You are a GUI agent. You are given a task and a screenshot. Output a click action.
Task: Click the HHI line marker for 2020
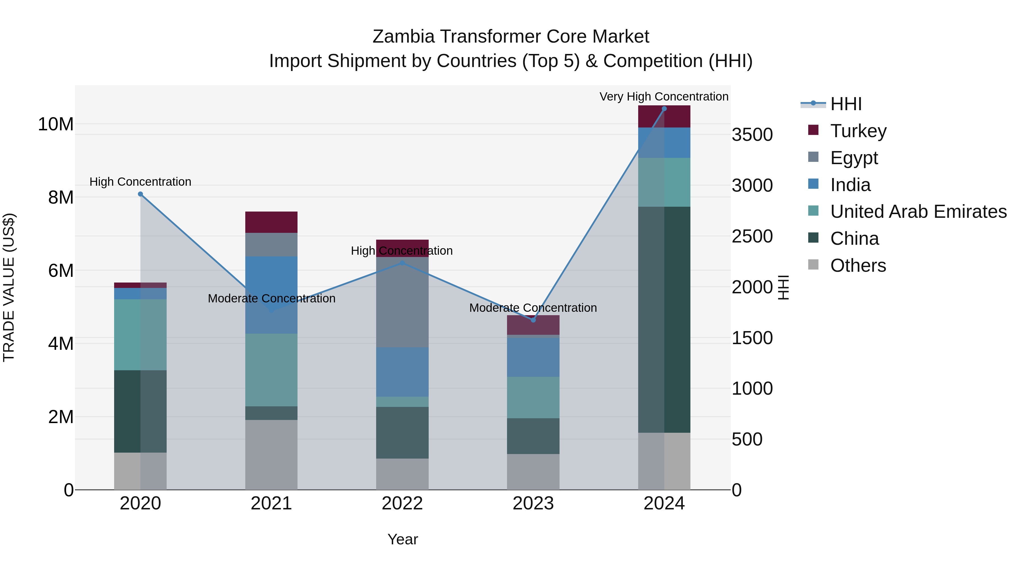(x=141, y=194)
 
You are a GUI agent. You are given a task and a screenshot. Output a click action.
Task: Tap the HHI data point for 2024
(x=664, y=109)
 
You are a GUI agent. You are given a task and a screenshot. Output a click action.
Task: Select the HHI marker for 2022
(x=402, y=263)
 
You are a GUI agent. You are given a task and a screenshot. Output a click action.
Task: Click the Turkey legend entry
(x=858, y=131)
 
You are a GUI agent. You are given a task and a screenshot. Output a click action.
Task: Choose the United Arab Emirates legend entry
(x=918, y=212)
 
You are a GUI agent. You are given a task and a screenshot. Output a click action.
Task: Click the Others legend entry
(x=858, y=265)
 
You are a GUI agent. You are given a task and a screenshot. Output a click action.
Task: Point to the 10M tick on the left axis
(x=56, y=124)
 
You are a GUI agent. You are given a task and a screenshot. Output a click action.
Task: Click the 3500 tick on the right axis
(x=752, y=135)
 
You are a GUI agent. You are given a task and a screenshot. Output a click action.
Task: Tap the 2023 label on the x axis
(x=533, y=503)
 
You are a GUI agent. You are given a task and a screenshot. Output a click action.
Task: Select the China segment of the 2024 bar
(x=664, y=319)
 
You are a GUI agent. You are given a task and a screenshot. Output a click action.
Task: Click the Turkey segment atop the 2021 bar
(x=271, y=222)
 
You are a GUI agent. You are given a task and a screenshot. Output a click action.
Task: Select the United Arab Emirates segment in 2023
(x=533, y=397)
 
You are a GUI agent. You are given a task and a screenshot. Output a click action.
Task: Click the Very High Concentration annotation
(x=664, y=97)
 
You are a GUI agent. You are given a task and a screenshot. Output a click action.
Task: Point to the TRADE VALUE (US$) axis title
(x=9, y=287)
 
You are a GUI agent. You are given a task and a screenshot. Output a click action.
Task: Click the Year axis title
(x=402, y=539)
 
